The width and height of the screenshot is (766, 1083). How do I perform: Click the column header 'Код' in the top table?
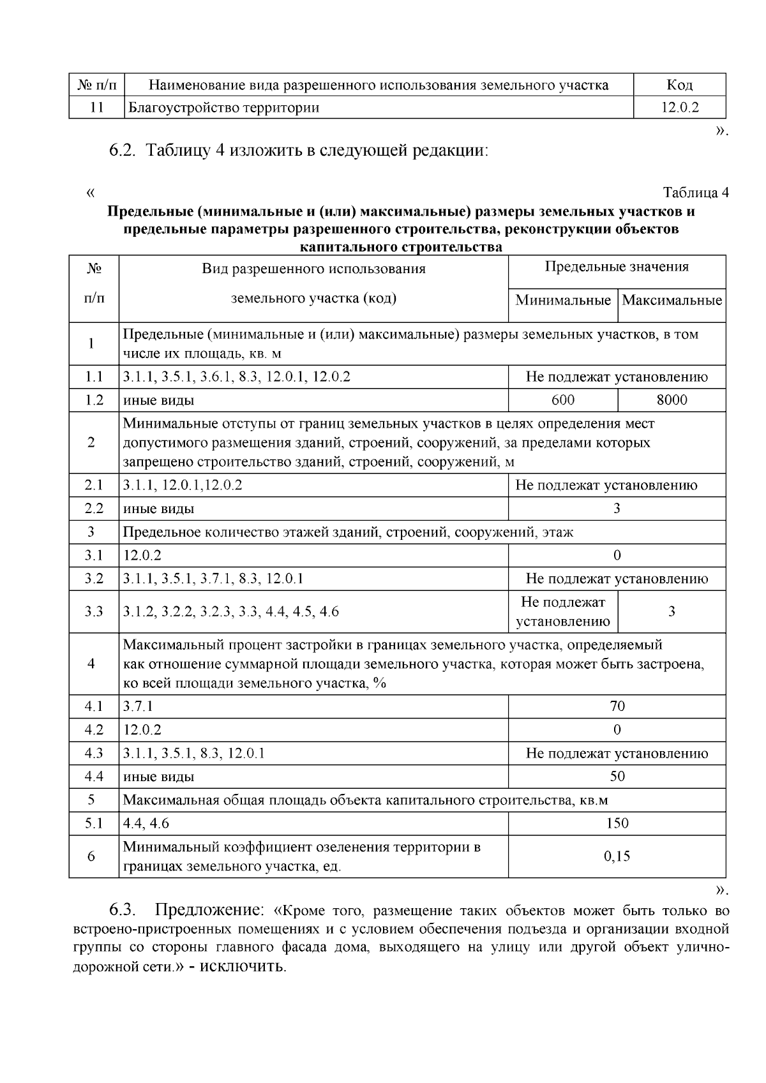tap(679, 85)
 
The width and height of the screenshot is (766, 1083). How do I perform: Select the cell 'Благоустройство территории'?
tap(224, 107)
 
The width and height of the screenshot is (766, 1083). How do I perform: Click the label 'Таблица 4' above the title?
tap(695, 193)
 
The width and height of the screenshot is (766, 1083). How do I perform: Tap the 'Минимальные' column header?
tap(563, 300)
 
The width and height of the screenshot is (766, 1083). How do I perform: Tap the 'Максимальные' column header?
tap(672, 300)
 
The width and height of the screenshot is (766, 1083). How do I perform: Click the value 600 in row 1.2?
tap(563, 400)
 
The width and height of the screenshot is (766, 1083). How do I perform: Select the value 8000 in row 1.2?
tap(672, 400)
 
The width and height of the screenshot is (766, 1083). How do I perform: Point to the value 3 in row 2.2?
tap(617, 509)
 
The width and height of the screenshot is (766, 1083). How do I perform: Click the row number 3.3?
tap(94, 611)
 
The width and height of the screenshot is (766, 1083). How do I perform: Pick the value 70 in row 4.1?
tap(617, 706)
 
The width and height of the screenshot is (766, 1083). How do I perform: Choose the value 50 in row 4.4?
tap(617, 776)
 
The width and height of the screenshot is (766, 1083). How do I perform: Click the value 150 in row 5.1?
tap(617, 823)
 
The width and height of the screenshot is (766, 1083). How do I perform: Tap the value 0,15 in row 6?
tap(617, 856)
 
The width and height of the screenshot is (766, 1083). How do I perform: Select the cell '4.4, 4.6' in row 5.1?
tap(146, 823)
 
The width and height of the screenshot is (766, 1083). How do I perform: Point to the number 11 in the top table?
tap(96, 107)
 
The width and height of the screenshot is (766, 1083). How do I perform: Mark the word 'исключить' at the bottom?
tap(243, 966)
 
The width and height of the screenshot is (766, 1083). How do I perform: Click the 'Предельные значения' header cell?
tap(617, 267)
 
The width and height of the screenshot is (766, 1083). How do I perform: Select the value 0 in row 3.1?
tap(617, 555)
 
